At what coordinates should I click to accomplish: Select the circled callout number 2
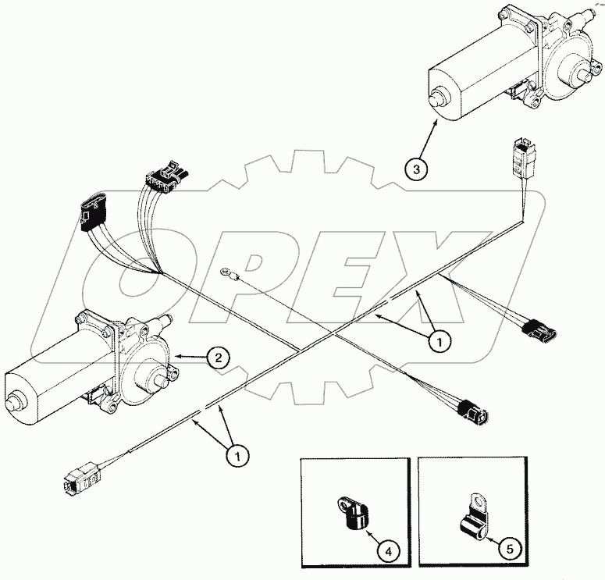pyautogui.click(x=218, y=358)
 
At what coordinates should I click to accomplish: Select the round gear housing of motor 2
pyautogui.click(x=149, y=367)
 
